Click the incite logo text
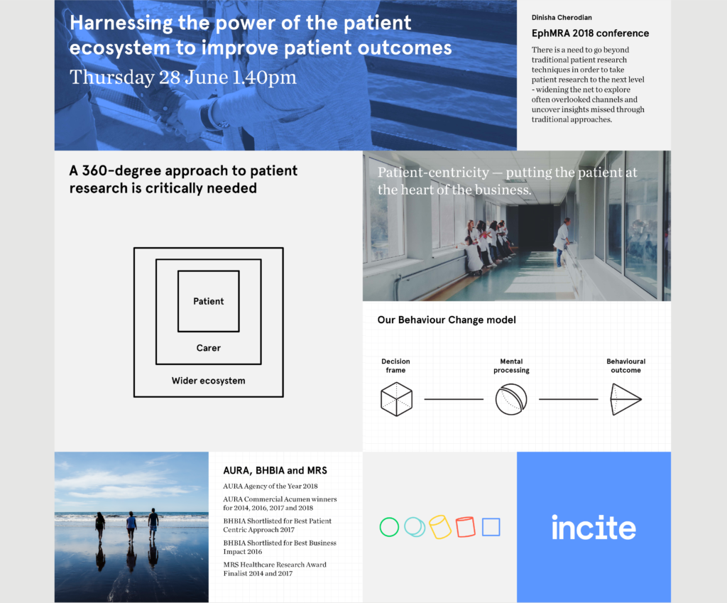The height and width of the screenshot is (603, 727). coord(594,528)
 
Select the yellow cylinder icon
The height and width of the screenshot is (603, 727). coord(440,527)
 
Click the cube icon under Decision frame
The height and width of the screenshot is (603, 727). coord(396,399)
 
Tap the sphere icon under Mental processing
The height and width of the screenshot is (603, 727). coord(511,399)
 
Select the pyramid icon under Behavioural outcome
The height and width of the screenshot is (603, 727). coord(625,399)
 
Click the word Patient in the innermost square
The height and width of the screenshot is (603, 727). coord(208,301)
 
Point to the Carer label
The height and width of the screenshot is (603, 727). coord(208,348)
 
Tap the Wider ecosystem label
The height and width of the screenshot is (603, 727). coord(208,381)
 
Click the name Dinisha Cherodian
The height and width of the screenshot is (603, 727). coord(562,18)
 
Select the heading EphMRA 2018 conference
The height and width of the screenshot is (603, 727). coord(590,33)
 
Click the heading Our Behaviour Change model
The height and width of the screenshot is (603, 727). coord(447,320)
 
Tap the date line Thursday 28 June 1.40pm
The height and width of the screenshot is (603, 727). coord(183,77)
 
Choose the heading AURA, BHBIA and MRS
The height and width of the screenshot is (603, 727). coord(275,471)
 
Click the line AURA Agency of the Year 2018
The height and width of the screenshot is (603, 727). coord(270,486)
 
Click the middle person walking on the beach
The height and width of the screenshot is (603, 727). coord(131,526)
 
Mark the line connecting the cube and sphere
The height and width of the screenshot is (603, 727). coord(454,399)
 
